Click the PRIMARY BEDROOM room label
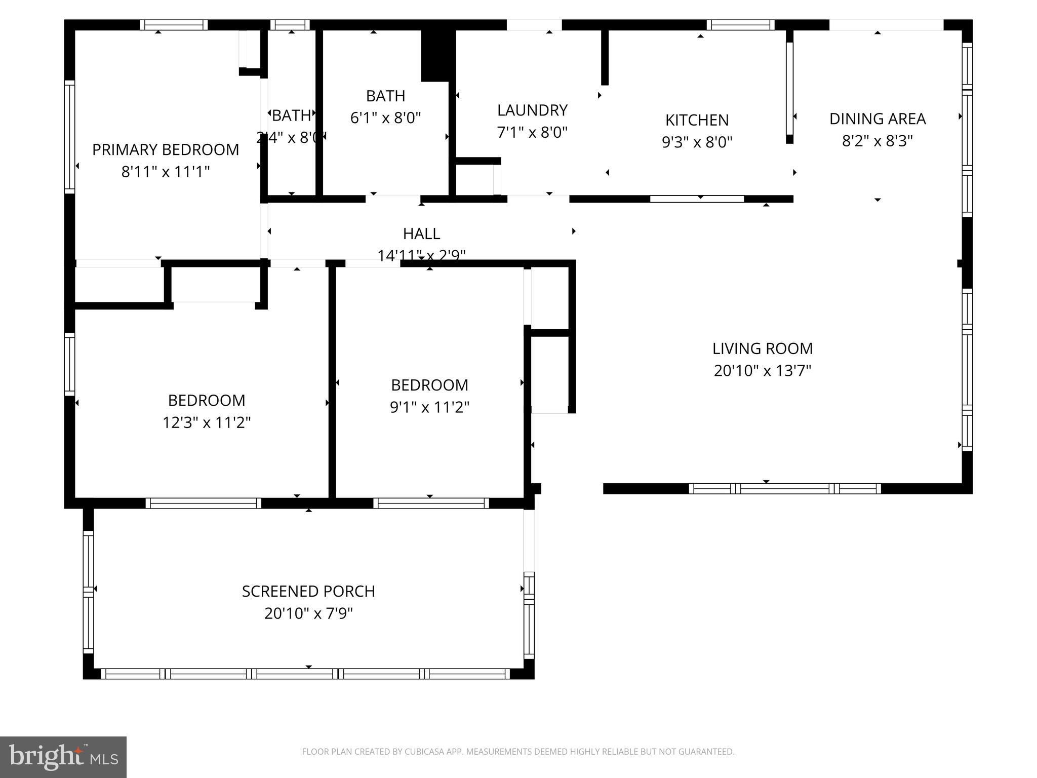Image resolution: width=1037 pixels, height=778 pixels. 166,150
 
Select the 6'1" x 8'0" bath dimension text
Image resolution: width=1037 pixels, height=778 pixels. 385,118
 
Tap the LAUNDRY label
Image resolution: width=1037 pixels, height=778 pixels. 532,110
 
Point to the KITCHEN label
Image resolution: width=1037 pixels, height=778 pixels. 697,121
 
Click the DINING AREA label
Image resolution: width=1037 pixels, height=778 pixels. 877,119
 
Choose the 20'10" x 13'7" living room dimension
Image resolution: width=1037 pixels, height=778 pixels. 762,371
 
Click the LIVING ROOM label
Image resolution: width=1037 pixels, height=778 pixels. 762,349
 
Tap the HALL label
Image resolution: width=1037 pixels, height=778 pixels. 421,234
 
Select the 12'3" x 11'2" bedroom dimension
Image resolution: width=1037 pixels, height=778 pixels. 207,422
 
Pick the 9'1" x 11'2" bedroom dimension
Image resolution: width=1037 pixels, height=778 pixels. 429,407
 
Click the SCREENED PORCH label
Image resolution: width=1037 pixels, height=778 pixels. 308,592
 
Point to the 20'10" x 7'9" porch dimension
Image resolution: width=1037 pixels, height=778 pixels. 308,614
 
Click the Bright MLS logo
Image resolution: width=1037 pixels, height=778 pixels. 63,757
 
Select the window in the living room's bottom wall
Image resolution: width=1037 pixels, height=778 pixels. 784,489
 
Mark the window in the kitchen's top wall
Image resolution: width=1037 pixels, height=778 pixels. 740,25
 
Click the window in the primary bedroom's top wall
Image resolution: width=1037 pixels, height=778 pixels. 174,25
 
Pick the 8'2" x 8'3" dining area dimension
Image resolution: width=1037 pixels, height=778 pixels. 877,141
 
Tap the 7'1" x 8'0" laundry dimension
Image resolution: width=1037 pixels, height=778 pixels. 532,133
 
